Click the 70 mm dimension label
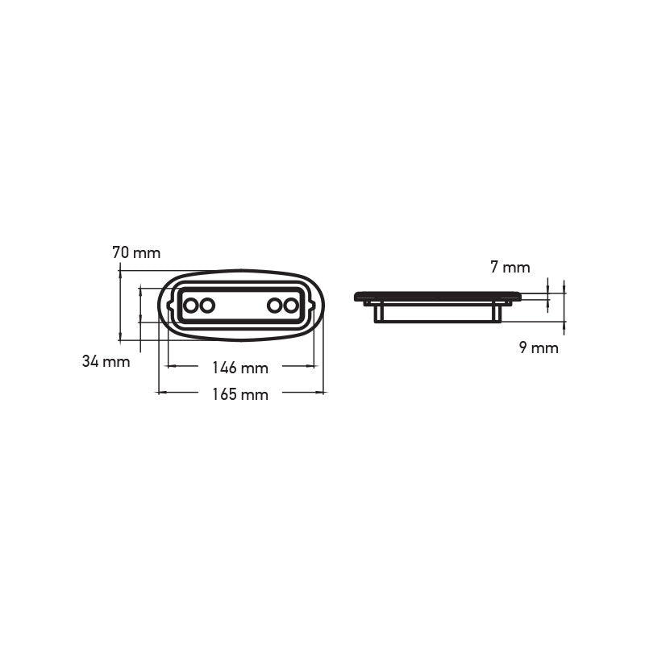(136, 253)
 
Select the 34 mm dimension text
(106, 362)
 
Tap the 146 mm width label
(240, 368)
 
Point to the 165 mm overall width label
(240, 394)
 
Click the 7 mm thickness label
(510, 268)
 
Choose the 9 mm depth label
(539, 348)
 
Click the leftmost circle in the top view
(191, 306)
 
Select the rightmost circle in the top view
(290, 306)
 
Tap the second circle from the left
(207, 306)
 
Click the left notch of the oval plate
(169, 306)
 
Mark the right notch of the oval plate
(312, 306)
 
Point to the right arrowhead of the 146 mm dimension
(313, 366)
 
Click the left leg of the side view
(377, 313)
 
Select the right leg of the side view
(497, 313)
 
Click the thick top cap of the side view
(437, 297)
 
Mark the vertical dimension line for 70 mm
(120, 306)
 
